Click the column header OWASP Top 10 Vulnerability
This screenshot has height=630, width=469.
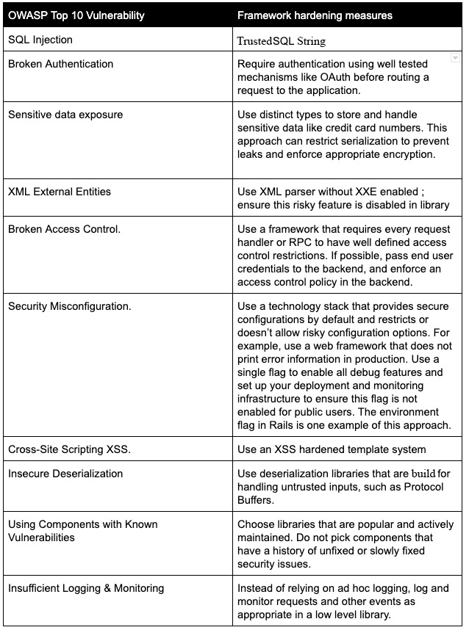click(x=76, y=15)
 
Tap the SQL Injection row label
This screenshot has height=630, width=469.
click(x=40, y=40)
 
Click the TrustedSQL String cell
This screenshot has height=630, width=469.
click(x=282, y=41)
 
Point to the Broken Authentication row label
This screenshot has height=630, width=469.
click(x=60, y=64)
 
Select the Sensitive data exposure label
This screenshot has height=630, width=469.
click(x=65, y=115)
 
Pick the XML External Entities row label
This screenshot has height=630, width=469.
click(x=60, y=192)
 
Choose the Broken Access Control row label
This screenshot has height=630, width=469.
click(x=65, y=229)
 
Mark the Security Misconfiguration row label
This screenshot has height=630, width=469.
click(x=70, y=306)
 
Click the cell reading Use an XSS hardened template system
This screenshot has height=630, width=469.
click(x=332, y=449)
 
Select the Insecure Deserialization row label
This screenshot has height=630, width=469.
click(x=65, y=474)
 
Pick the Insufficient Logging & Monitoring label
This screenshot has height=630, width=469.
click(x=86, y=588)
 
